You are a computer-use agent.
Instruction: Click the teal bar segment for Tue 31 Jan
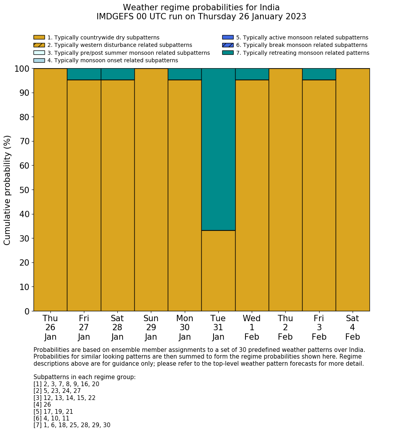pos(218,149)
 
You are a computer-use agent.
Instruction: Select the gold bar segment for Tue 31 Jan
pos(218,271)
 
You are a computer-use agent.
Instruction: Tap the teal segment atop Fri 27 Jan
pos(84,74)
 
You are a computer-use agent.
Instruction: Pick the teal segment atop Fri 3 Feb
pos(319,74)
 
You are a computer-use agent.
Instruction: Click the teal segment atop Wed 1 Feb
pos(252,74)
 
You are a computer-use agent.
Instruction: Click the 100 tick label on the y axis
pos(22,69)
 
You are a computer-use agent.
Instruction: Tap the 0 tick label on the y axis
pos(27,311)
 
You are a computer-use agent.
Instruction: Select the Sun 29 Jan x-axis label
pos(151,327)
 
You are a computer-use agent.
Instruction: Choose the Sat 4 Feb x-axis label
pos(353,327)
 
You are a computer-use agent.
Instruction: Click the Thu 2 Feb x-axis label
pos(285,327)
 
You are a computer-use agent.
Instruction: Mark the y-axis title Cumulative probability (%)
pos(7,190)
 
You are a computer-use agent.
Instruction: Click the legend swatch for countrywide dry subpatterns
pos(39,37)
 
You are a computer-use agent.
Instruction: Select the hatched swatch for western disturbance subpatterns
pos(39,45)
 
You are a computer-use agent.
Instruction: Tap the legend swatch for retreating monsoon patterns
pos(228,52)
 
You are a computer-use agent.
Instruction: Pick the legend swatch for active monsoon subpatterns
pos(228,37)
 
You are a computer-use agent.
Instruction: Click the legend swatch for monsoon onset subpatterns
pos(39,60)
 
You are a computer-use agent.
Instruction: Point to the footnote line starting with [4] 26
pos(42,405)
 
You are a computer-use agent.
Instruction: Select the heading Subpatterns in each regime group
pos(84,377)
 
